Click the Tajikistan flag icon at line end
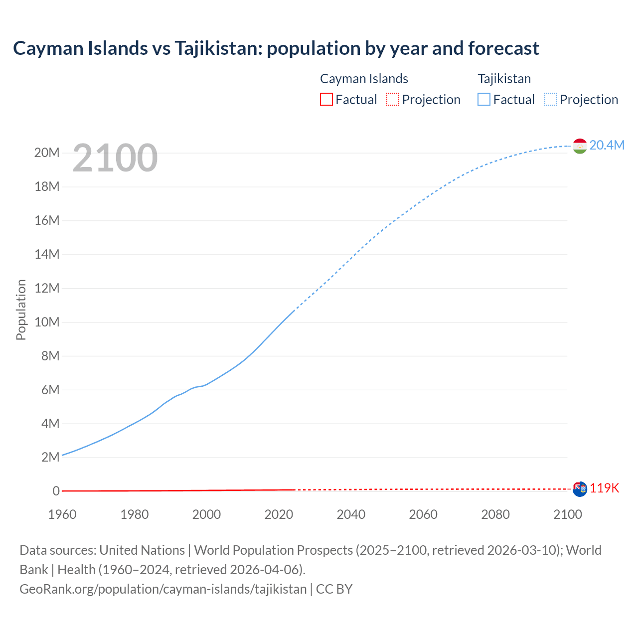coord(580,146)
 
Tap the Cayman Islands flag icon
coord(580,489)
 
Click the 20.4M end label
coord(607,145)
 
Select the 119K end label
coord(604,488)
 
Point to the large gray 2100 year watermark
coord(115,158)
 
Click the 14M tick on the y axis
coord(47,254)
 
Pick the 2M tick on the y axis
coord(50,458)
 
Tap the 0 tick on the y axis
coord(56,491)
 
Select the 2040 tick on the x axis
coord(351,514)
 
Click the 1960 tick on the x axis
coord(62,514)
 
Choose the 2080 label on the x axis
coord(495,514)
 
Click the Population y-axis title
coord(21,310)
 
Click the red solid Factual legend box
coord(326,99)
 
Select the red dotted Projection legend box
coord(393,99)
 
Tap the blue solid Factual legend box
coord(484,99)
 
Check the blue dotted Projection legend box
coord(551,99)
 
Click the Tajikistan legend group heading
coord(504,79)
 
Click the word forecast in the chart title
coord(503,48)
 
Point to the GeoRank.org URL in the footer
coord(163,589)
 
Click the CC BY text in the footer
coord(334,589)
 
